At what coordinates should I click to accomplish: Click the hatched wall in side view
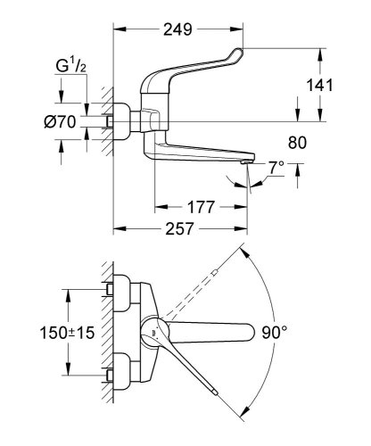pyautogui.click(x=107, y=116)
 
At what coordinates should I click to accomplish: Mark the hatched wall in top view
pyautogui.click(x=106, y=334)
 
